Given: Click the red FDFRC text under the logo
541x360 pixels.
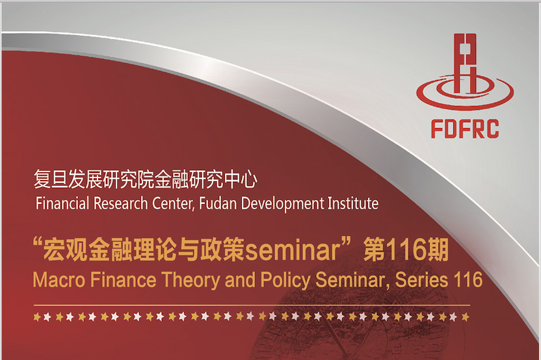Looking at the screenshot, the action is click(465, 129).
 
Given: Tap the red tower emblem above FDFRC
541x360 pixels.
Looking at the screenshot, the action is click(465, 71).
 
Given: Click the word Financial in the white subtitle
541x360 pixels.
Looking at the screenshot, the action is click(62, 203).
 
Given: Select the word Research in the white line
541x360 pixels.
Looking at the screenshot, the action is click(121, 203).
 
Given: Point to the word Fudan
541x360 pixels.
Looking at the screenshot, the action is click(218, 203).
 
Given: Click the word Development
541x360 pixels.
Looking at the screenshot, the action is click(282, 204).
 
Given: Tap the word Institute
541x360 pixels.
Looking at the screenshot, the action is click(353, 203).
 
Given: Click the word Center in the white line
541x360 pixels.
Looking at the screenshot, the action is click(173, 203).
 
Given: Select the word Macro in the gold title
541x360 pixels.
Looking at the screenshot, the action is click(59, 279).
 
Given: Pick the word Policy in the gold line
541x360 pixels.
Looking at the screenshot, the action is click(285, 280).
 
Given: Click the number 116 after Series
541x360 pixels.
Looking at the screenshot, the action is click(468, 279).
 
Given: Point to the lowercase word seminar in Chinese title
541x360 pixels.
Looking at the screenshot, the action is click(293, 251).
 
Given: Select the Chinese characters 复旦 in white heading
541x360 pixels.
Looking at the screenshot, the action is click(51, 179).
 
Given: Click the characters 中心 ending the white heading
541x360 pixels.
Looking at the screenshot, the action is click(241, 179).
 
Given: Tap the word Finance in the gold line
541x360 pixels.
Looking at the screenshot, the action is click(123, 279).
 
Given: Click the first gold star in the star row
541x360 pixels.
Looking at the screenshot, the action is click(37, 316).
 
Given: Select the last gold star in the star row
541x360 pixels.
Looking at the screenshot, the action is click(466, 316).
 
